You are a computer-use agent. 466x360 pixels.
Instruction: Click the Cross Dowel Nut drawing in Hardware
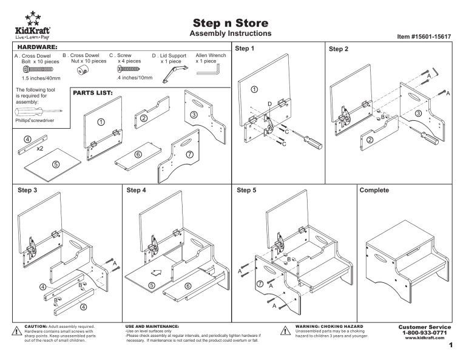tap(81, 70)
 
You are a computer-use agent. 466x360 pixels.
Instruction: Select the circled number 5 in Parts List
tap(55, 164)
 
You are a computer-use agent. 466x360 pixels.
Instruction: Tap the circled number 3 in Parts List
tap(194, 115)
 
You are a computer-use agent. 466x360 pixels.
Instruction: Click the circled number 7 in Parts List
tap(189, 154)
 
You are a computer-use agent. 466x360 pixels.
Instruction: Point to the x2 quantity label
tap(40, 148)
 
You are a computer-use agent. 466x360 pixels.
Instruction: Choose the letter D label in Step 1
tap(269, 104)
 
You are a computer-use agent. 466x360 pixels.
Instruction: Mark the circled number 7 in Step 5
tap(261, 283)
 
